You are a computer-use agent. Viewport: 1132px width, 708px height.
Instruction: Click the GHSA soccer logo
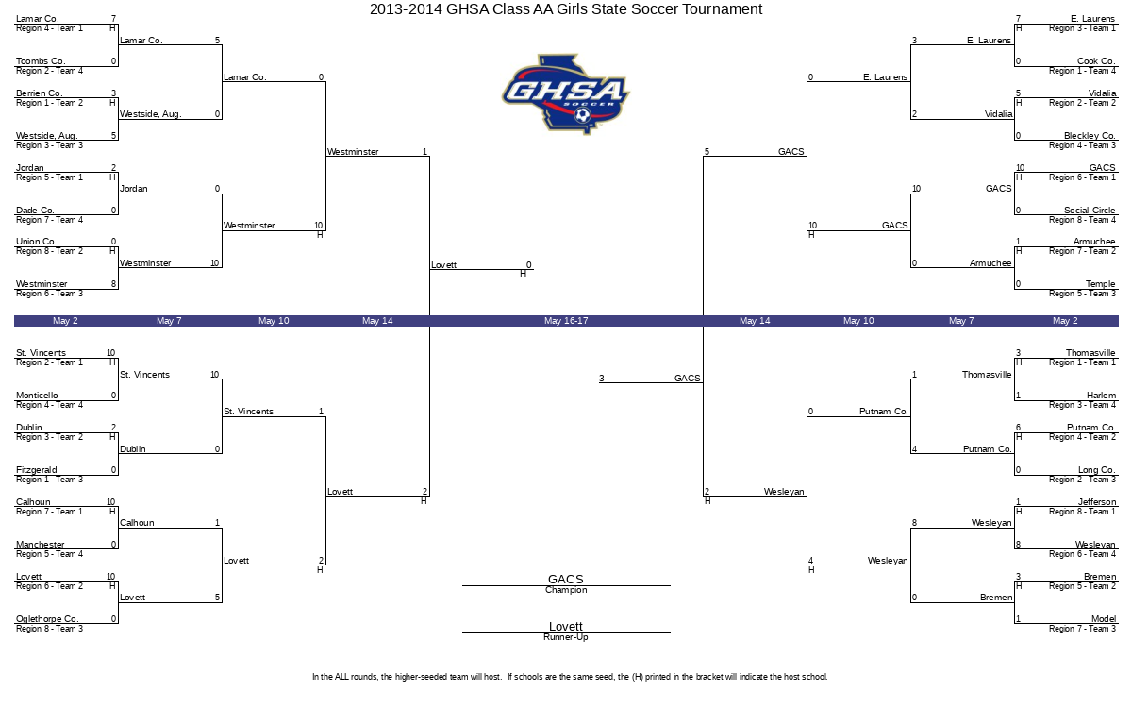[x=565, y=93]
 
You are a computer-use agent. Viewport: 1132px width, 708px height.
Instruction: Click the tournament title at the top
[x=566, y=9]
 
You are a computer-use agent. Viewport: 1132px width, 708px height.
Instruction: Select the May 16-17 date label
[x=566, y=321]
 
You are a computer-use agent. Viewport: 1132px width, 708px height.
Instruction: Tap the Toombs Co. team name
[x=41, y=61]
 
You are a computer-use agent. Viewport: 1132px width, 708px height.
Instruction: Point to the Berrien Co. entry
[x=40, y=93]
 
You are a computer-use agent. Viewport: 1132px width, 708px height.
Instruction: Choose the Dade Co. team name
[x=36, y=211]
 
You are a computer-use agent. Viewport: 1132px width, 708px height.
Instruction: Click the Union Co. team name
[x=37, y=242]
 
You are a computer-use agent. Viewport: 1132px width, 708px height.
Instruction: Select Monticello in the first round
[x=37, y=396]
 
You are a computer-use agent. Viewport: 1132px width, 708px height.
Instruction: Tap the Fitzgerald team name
[x=37, y=470]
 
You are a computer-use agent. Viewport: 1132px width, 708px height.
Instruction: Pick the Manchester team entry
[x=41, y=545]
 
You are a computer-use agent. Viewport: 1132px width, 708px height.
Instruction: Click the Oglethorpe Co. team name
[x=47, y=619]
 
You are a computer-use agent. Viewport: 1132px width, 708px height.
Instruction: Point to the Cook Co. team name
[x=1096, y=61]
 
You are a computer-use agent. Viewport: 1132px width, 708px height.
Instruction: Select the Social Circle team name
[x=1090, y=211]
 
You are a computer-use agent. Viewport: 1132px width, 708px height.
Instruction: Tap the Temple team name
[x=1100, y=284]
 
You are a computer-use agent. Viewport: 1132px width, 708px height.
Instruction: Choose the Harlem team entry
[x=1100, y=396]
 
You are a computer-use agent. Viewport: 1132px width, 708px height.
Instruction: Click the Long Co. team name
[x=1096, y=470]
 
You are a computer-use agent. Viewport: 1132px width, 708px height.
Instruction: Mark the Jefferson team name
[x=1097, y=502]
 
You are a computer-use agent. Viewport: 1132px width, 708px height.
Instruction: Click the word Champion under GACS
[x=566, y=591]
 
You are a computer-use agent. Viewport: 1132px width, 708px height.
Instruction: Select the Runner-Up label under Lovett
[x=566, y=637]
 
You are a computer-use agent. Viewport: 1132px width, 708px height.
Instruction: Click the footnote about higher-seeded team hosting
[x=570, y=677]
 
